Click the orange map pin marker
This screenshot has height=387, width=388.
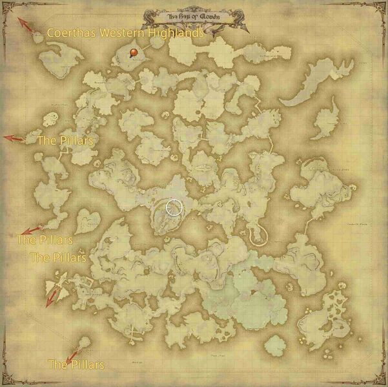point(133,52)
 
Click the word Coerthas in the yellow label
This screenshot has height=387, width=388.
point(72,32)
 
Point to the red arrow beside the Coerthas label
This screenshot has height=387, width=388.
point(26,24)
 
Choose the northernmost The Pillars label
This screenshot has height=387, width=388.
point(66,140)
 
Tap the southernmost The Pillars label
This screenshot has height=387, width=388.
point(76,365)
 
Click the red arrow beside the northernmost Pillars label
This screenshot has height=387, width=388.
point(14,138)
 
